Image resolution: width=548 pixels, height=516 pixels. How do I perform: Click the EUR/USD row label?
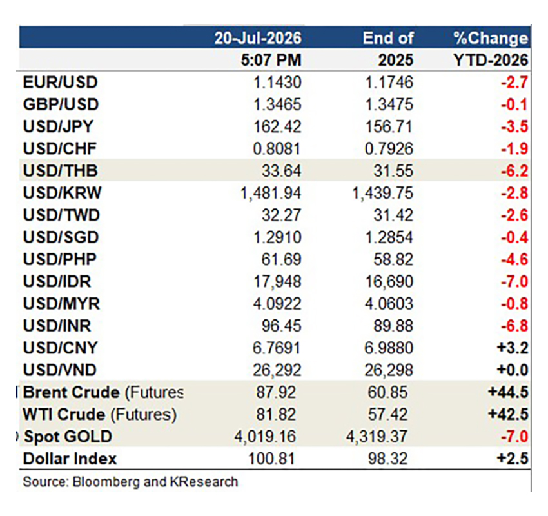coord(60,83)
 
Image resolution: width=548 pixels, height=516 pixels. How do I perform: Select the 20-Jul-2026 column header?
coord(258,38)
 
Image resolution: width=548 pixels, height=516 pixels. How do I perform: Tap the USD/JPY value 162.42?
coord(277,126)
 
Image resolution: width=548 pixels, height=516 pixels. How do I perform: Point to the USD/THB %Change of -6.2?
coord(514,171)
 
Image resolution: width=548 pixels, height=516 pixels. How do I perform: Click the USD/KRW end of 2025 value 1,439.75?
coord(382,193)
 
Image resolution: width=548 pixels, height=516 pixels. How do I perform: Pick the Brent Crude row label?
coord(103,392)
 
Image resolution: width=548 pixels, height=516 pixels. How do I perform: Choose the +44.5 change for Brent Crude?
coord(508,392)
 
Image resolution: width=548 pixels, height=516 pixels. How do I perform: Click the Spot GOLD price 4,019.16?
coord(265,437)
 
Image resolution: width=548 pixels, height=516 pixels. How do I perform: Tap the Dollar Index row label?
coord(70,459)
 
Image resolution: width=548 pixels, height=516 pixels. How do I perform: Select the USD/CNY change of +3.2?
coord(513,348)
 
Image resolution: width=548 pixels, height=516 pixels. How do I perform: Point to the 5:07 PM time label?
coord(271,60)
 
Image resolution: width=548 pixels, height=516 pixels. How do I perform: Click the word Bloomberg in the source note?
coord(106,482)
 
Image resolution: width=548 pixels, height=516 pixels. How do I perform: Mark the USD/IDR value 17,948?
coord(277,281)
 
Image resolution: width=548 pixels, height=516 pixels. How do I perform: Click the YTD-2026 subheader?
coord(491,60)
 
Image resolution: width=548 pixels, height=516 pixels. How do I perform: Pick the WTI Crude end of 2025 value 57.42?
coord(387,414)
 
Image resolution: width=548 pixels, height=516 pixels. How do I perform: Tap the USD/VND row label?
coord(59,370)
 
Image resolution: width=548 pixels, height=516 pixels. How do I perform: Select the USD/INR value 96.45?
coord(281,326)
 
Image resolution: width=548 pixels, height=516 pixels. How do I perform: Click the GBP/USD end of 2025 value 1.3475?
coord(389,104)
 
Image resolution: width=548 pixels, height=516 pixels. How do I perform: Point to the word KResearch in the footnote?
coord(204,482)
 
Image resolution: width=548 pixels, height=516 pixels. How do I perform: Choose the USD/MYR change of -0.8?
coord(514,304)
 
